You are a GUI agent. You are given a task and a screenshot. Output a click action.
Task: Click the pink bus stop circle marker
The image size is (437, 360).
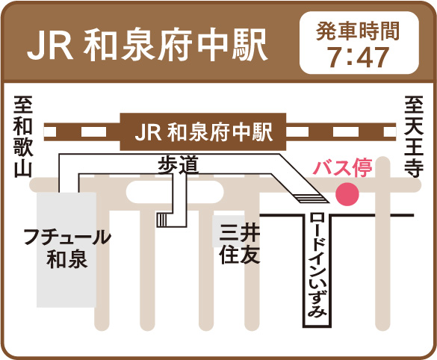[x=347, y=194]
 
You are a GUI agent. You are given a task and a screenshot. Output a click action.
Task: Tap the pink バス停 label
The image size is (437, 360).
[x=343, y=168]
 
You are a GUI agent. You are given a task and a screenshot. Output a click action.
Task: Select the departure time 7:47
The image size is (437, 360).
[x=359, y=57]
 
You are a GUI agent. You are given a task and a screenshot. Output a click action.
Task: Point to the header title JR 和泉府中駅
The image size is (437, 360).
[x=147, y=46]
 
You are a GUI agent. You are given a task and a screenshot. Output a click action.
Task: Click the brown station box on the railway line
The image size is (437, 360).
[x=203, y=131]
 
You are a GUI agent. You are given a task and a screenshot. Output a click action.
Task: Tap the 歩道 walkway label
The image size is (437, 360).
[x=179, y=164]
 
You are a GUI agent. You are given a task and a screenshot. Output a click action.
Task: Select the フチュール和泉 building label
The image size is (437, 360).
[x=67, y=249]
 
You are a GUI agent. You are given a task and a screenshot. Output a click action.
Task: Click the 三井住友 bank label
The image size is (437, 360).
[x=239, y=244]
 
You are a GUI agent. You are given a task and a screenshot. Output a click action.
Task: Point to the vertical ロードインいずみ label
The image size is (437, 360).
[x=317, y=264]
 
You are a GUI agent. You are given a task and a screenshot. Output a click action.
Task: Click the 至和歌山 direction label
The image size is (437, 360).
[x=23, y=137]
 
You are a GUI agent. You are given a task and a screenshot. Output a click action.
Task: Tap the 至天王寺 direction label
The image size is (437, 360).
[x=414, y=137]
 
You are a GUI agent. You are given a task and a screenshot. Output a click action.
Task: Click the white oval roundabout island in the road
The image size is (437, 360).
[x=175, y=192]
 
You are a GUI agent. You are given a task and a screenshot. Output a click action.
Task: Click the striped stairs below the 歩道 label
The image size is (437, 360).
[x=161, y=220]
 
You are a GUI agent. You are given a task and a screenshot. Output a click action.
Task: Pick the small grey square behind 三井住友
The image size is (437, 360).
[x=229, y=231]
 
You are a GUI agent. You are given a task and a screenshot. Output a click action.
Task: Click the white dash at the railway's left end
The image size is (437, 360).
[x=50, y=131]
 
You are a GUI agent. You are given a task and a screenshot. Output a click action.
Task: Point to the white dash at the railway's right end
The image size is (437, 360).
[x=390, y=131]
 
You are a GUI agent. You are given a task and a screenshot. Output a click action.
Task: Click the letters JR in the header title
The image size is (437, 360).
[x=50, y=46]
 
